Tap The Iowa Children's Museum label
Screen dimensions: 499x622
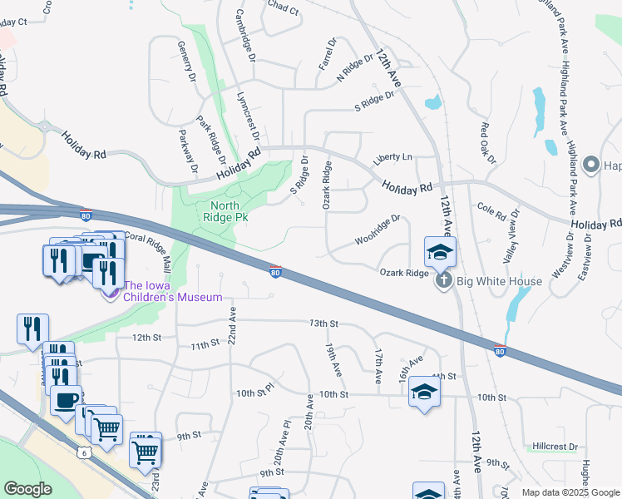pyautogui.click(x=173, y=297)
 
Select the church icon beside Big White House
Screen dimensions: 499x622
pyautogui.click(x=443, y=281)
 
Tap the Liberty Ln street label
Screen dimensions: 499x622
pyautogui.click(x=392, y=157)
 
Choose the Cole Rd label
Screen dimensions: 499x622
pyautogui.click(x=491, y=211)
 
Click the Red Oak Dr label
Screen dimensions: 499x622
pyautogui.click(x=488, y=142)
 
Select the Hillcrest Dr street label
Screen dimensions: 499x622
pyautogui.click(x=555, y=447)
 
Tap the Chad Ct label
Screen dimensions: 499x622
pyautogui.click(x=283, y=8)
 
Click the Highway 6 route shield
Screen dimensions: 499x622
pyautogui.click(x=85, y=452)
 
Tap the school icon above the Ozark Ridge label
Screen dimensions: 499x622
pyautogui.click(x=440, y=251)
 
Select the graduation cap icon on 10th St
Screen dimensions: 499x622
pyautogui.click(x=423, y=393)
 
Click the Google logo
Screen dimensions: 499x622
pyautogui.click(x=28, y=489)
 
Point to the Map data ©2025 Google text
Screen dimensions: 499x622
pyautogui.click(x=570, y=492)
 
